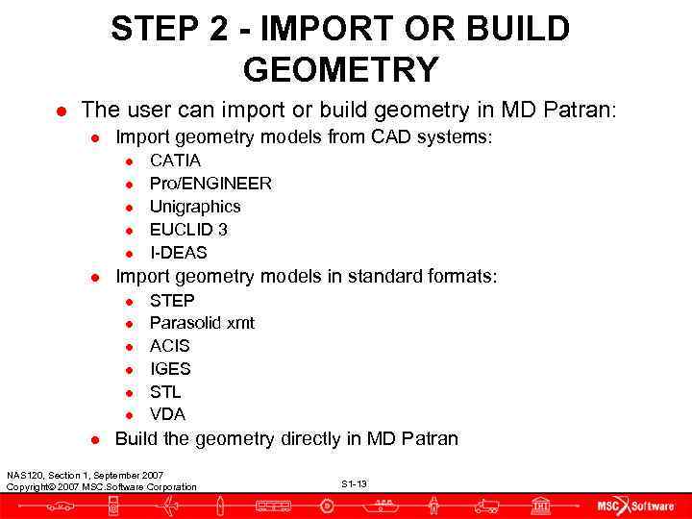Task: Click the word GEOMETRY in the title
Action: pyautogui.click(x=341, y=69)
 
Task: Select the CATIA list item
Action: pyautogui.click(x=175, y=161)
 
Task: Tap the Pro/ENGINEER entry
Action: pyautogui.click(x=210, y=184)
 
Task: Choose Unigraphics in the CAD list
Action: pyautogui.click(x=195, y=207)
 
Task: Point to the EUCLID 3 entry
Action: pyautogui.click(x=187, y=230)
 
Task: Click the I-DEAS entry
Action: pyautogui.click(x=178, y=253)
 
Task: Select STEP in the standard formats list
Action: pyautogui.click(x=172, y=300)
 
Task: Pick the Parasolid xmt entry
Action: pyautogui.click(x=202, y=323)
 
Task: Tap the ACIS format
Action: pyautogui.click(x=170, y=346)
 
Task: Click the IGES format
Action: pyautogui.click(x=170, y=369)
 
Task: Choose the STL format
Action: pyautogui.click(x=165, y=392)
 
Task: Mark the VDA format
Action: pyautogui.click(x=167, y=414)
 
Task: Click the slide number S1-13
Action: pyautogui.click(x=354, y=483)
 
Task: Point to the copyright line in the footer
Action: pyautogui.click(x=101, y=487)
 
